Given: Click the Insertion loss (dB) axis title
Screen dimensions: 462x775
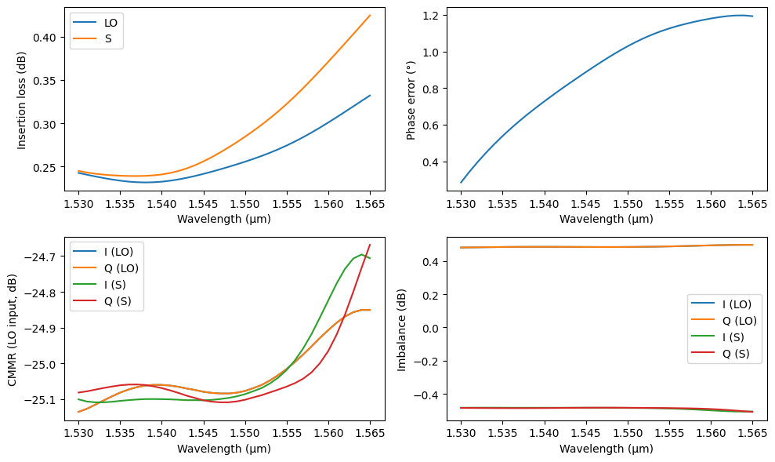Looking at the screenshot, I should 22,100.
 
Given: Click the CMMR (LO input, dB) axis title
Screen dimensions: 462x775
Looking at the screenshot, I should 12,329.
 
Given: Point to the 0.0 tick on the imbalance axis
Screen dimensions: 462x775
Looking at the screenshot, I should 434,328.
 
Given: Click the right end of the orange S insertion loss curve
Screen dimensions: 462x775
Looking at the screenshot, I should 370,16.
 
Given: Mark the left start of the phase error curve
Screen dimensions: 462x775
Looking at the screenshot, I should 461,183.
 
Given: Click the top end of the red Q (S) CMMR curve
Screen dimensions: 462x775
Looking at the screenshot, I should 370,245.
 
